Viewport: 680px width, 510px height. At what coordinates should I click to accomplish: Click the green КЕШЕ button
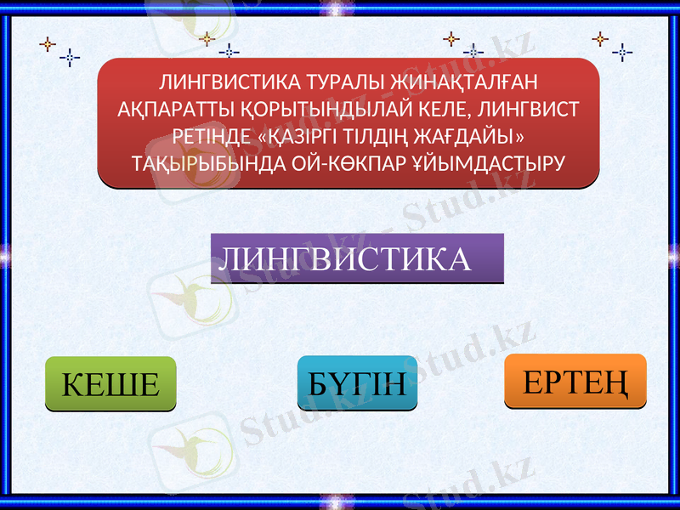click(x=110, y=384)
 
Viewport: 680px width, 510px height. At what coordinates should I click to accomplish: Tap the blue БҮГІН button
click(x=357, y=383)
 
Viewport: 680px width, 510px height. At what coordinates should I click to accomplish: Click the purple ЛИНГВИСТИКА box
click(x=357, y=258)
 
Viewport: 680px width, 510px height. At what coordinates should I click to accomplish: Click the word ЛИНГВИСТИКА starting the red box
click(x=227, y=82)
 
